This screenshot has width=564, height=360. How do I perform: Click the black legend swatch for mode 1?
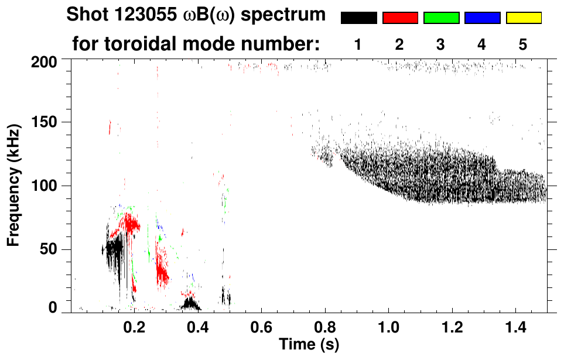click(x=358, y=18)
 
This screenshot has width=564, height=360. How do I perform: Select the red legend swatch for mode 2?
click(x=400, y=18)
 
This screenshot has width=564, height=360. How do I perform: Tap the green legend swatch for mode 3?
click(x=441, y=18)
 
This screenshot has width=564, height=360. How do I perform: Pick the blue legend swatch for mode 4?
click(x=482, y=18)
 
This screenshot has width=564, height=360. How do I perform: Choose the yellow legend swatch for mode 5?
click(x=524, y=18)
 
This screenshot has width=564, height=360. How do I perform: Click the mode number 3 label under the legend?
click(x=441, y=44)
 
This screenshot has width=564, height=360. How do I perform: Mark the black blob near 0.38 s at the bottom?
click(x=190, y=304)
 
